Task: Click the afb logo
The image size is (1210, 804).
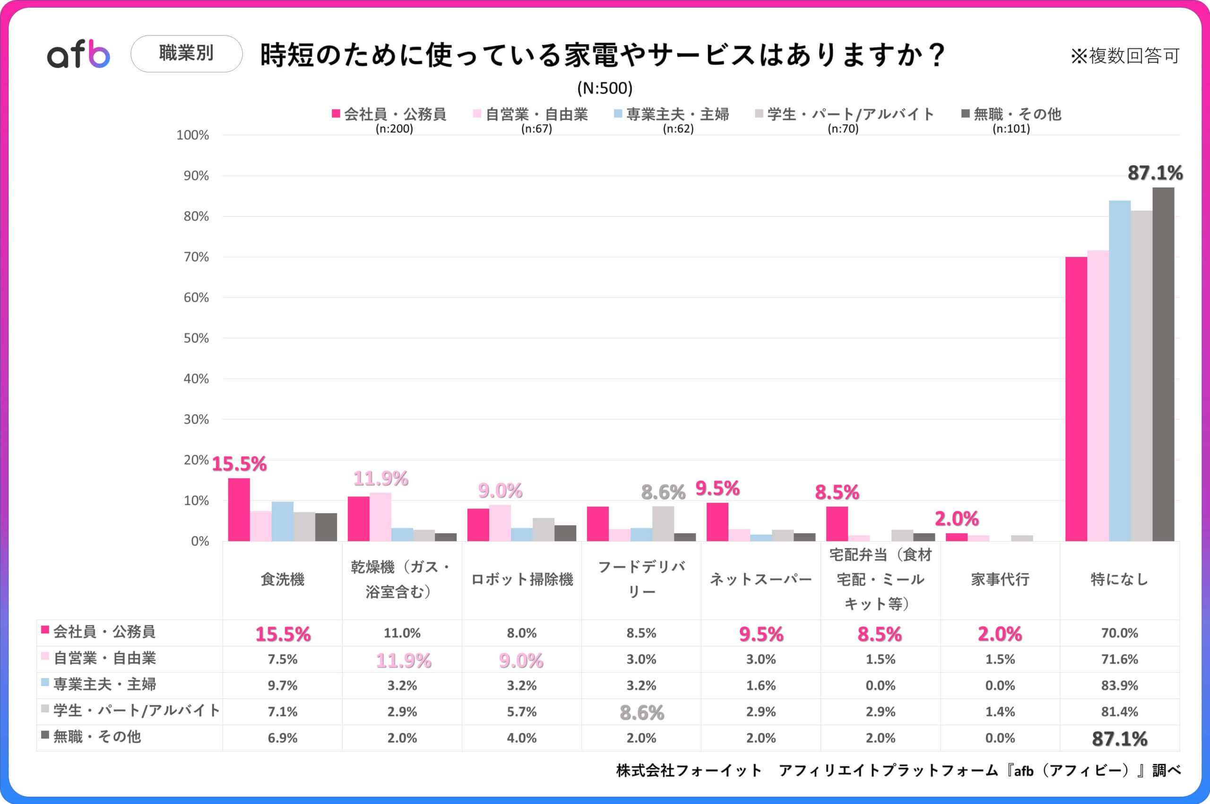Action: pyautogui.click(x=78, y=54)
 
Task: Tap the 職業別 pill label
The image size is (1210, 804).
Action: pyautogui.click(x=186, y=53)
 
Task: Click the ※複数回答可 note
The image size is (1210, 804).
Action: pyautogui.click(x=1125, y=55)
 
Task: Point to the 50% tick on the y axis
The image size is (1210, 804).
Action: pyautogui.click(x=196, y=338)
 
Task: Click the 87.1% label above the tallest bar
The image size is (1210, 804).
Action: pyautogui.click(x=1155, y=173)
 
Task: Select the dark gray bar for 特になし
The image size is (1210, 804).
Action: pyautogui.click(x=1163, y=364)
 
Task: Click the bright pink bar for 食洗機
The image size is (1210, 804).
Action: pyautogui.click(x=239, y=510)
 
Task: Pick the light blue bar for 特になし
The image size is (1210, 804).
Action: pyautogui.click(x=1120, y=370)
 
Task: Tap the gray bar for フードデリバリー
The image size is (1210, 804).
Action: pyautogui.click(x=663, y=524)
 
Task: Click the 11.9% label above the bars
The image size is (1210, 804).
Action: pyautogui.click(x=380, y=479)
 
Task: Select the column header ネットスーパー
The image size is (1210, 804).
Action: pyautogui.click(x=761, y=579)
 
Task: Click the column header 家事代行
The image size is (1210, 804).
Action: pyautogui.click(x=1000, y=579)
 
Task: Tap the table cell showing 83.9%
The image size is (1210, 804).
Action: pyautogui.click(x=1119, y=685)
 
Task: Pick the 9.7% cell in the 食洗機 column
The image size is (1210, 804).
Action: pyautogui.click(x=283, y=685)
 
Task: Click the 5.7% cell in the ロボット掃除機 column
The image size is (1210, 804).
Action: pyautogui.click(x=521, y=712)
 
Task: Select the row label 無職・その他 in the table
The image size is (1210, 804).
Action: pyautogui.click(x=97, y=737)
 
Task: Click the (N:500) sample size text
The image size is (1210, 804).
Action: pyautogui.click(x=605, y=88)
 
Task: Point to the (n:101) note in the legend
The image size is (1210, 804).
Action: pyautogui.click(x=1011, y=128)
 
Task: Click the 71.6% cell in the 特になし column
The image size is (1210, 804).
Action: pyautogui.click(x=1119, y=659)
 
